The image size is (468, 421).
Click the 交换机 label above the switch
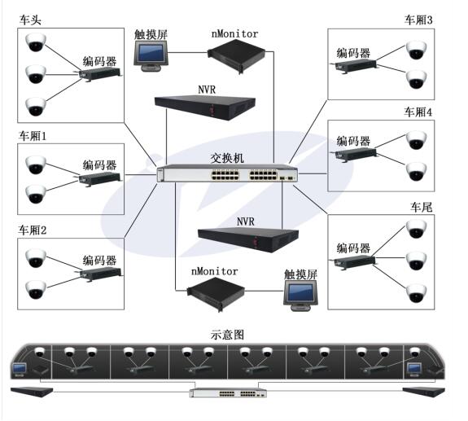pos(227,158)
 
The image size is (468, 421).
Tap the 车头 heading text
pos(30,20)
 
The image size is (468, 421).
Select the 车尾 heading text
pos(421,207)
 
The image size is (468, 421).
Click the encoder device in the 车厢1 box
pos(99,178)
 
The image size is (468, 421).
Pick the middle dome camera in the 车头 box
pos(36,74)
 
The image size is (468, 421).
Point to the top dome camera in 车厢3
pos(416,50)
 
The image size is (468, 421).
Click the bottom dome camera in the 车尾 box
pos(416,293)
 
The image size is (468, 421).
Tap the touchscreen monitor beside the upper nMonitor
pos(151,56)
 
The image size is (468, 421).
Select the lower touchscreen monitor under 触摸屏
pos(300,296)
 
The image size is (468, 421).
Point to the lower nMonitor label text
pos(214,271)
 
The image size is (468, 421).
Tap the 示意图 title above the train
pos(227,335)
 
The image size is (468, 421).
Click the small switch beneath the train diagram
pos(228,393)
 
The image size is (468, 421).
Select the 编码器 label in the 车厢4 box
pos(353,141)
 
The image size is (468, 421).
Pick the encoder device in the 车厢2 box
pos(100,274)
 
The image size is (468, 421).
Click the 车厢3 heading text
pos(418,20)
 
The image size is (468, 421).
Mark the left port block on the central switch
pos(225,175)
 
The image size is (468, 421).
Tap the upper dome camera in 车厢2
pos(36,257)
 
